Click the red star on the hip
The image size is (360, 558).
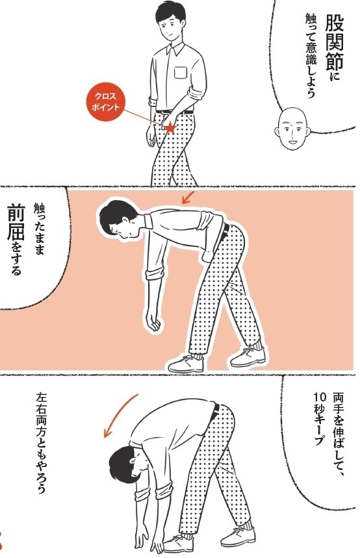(x=170, y=127)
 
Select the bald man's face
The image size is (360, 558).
(x=292, y=129)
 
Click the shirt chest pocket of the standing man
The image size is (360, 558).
(x=181, y=72)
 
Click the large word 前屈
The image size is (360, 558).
(x=17, y=222)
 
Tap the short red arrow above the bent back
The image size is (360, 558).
(x=188, y=197)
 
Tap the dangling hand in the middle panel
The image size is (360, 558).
(x=154, y=322)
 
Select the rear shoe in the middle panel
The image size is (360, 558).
(x=248, y=357)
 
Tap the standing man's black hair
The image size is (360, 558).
(x=170, y=12)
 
